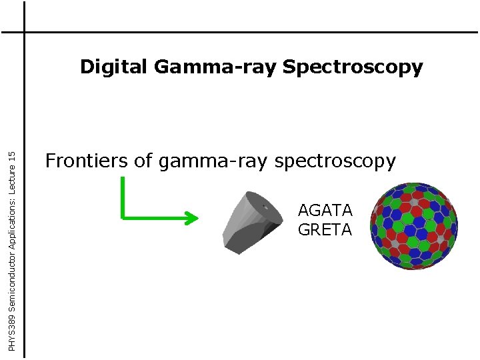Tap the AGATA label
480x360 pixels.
(x=325, y=211)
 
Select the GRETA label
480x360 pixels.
(x=325, y=230)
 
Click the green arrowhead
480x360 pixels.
(x=191, y=217)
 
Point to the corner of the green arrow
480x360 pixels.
(x=123, y=217)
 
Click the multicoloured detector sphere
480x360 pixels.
(x=413, y=225)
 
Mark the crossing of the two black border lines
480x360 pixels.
(x=24, y=32)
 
